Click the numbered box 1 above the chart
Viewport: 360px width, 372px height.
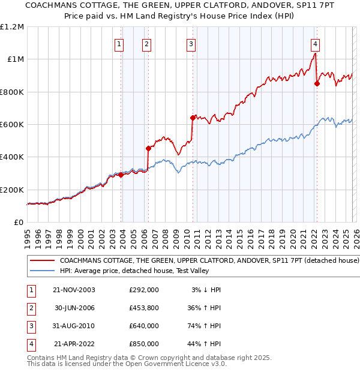[119, 43]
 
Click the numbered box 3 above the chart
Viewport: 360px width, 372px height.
[191, 43]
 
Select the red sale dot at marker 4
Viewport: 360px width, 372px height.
[317, 84]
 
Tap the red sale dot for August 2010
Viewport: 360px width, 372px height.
[193, 118]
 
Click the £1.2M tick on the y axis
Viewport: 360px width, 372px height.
[12, 27]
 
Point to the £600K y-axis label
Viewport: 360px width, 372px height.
[12, 125]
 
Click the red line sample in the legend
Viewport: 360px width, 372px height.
[42, 261]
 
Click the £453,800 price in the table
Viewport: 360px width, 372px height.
[143, 308]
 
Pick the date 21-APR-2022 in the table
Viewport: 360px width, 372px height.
[73, 344]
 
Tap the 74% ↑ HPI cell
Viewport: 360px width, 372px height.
[205, 326]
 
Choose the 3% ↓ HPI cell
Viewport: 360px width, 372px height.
[206, 290]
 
